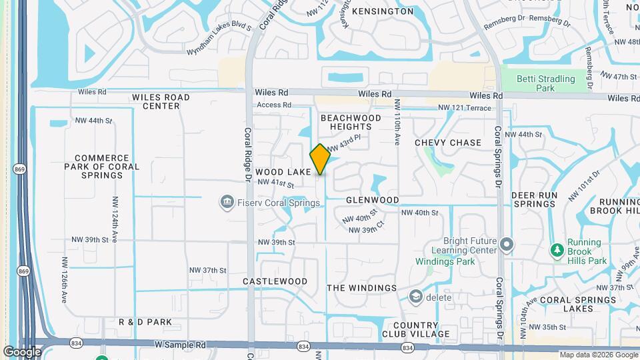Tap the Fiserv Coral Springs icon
pos(227,201)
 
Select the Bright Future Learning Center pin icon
pos(507,245)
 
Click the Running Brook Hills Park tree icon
pos(557,251)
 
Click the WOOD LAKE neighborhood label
pos(283,172)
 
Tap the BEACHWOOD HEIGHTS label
pos(351,122)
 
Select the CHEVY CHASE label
pos(448,143)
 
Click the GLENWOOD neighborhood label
pos(372,200)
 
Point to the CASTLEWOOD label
pos(275,281)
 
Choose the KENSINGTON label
pos(383,11)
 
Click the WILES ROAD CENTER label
pos(161,101)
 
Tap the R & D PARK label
pos(145,322)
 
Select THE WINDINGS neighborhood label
pos(361,288)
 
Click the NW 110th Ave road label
pos(397,123)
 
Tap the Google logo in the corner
pos(22,351)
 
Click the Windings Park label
pos(445,261)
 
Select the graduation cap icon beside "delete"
pos(416,297)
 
